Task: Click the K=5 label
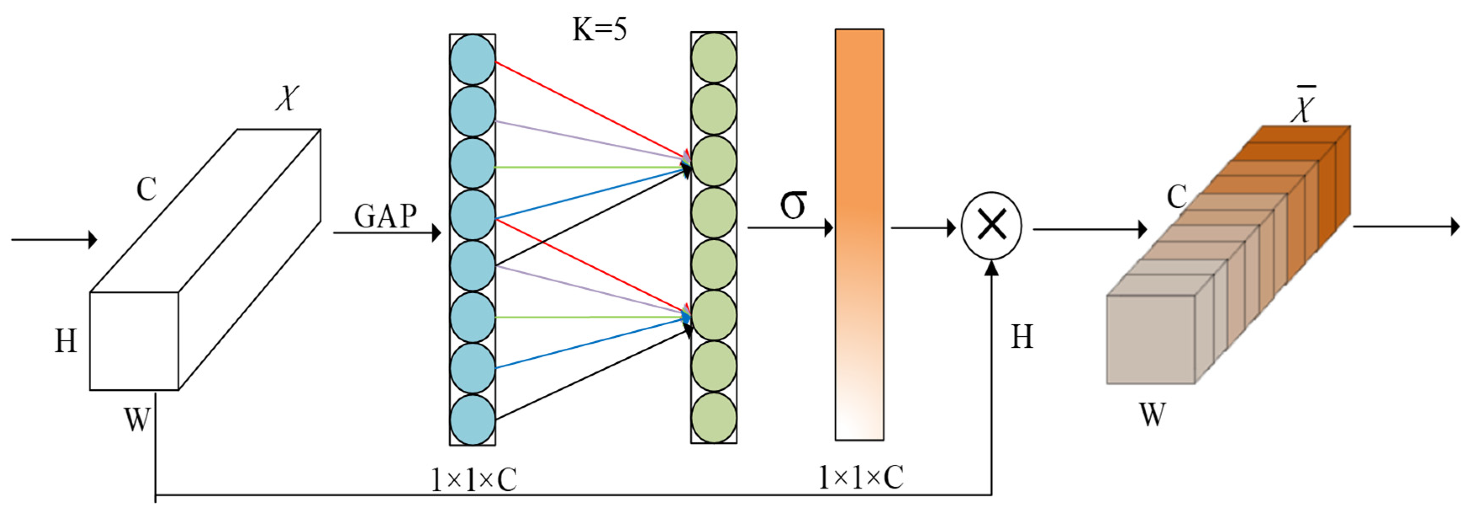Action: point(599,29)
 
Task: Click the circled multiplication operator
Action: point(991,226)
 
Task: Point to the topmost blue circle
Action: point(472,60)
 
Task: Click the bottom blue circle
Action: point(472,420)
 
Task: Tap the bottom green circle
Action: point(714,418)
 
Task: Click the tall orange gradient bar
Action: point(859,235)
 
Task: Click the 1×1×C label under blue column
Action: point(474,480)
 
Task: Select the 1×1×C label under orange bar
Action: point(860,477)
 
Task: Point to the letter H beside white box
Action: point(66,342)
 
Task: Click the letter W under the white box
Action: point(137,420)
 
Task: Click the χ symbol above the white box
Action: point(287,98)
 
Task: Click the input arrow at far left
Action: point(54,240)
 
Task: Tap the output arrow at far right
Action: point(1405,227)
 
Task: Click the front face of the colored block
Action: point(1150,339)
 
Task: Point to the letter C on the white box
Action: point(146,189)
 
